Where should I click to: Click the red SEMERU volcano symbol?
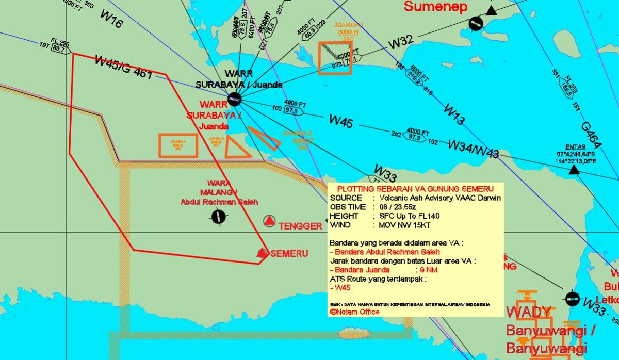[263, 253]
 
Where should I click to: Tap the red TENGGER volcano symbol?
[269, 222]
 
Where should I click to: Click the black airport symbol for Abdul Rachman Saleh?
[219, 217]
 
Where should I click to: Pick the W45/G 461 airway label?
[123, 68]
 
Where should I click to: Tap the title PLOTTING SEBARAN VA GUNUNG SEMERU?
[415, 188]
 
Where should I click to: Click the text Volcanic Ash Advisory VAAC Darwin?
[439, 198]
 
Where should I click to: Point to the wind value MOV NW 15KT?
[404, 225]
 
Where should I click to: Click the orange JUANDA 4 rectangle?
[178, 145]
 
